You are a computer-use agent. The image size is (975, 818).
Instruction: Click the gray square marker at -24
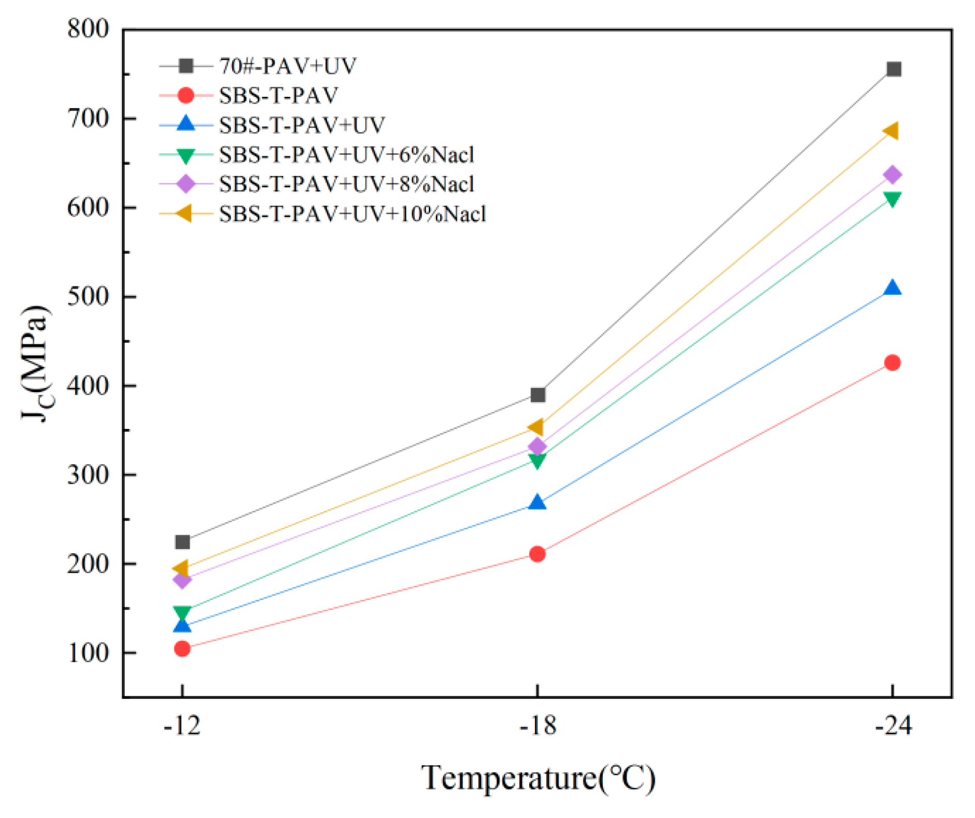click(x=893, y=69)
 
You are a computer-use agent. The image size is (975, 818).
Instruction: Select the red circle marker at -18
click(x=538, y=554)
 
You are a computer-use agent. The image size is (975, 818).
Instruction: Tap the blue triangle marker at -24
click(x=892, y=288)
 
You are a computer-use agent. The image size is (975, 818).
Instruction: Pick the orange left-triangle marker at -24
click(x=891, y=131)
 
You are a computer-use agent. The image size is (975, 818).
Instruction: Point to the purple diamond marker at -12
click(x=182, y=579)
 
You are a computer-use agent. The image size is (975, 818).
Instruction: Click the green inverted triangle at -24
click(x=892, y=199)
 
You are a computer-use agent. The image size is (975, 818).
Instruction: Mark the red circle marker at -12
click(x=182, y=648)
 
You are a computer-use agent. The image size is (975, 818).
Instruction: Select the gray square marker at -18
click(x=538, y=395)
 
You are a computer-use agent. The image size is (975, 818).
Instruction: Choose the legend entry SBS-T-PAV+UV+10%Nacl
click(x=352, y=214)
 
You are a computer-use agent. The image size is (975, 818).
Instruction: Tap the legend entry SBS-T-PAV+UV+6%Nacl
click(x=346, y=155)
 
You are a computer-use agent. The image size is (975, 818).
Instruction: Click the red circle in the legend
click(x=185, y=95)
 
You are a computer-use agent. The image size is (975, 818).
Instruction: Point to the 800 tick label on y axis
click(x=88, y=29)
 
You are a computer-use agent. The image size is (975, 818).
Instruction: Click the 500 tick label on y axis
click(x=88, y=296)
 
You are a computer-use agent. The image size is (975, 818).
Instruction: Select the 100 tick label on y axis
click(x=88, y=653)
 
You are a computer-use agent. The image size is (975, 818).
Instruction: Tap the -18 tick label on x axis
click(x=538, y=726)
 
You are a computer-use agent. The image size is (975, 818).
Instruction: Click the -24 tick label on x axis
click(x=892, y=726)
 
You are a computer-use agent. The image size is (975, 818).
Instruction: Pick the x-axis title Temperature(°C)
click(x=538, y=778)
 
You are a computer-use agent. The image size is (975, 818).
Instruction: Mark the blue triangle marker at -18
click(x=538, y=503)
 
